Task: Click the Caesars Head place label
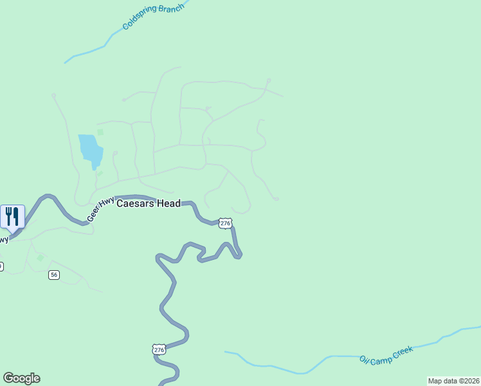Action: (148, 203)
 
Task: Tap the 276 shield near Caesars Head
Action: (224, 223)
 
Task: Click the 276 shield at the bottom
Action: (159, 350)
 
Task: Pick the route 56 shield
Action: (54, 275)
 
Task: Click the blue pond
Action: (90, 150)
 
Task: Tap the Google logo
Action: (21, 378)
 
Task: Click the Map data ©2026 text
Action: (453, 381)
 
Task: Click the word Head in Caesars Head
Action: (167, 203)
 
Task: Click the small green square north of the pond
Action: (100, 133)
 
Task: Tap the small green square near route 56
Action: (41, 257)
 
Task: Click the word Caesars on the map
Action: (135, 203)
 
